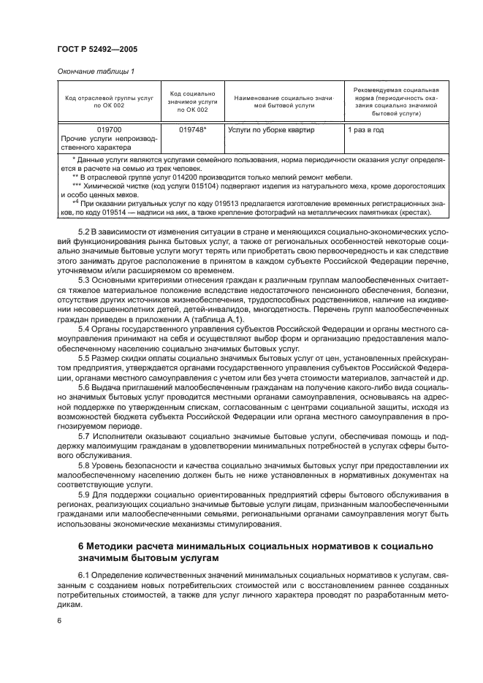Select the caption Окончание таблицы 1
point(95,71)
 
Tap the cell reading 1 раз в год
point(376,130)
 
